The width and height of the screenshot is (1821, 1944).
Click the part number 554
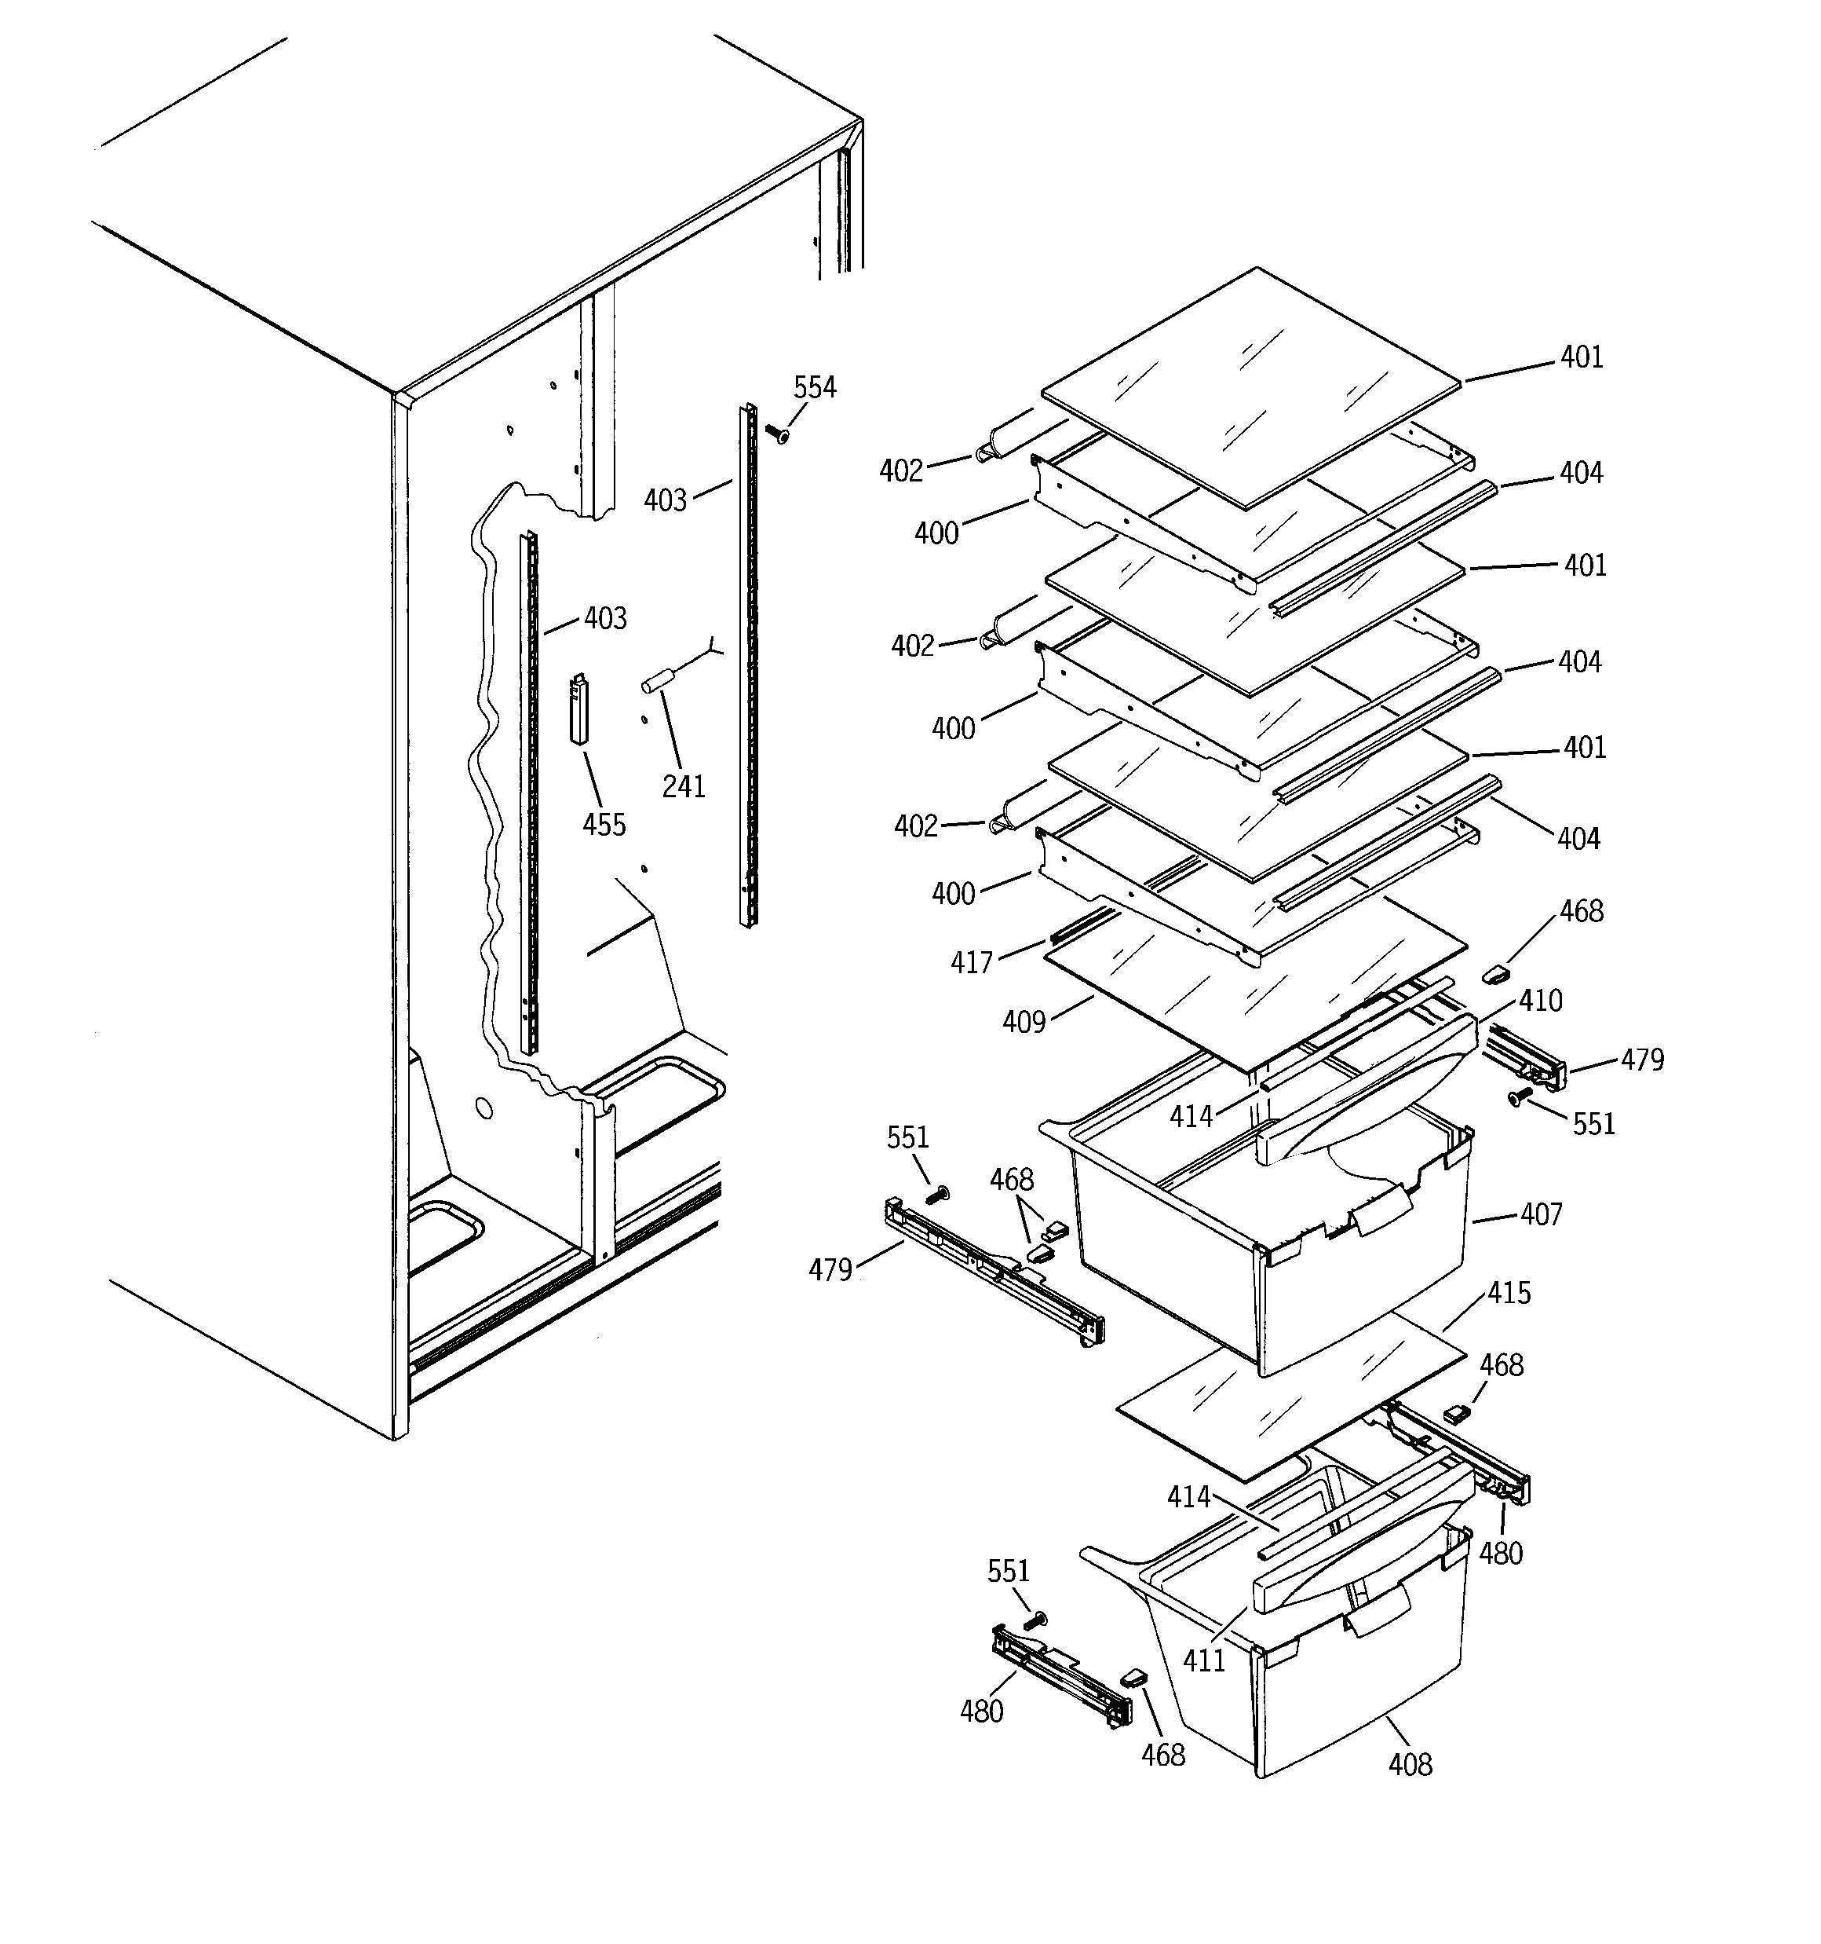pos(814,388)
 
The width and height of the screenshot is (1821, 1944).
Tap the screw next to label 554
pos(777,434)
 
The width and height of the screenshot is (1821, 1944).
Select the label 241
pos(683,786)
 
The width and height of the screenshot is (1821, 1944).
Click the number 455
pos(604,825)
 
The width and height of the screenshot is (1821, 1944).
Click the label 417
pos(972,963)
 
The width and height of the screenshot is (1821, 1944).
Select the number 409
pos(1024,1023)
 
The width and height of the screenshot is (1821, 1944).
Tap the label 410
pos(1541,1001)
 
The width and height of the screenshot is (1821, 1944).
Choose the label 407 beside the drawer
pos(1542,1214)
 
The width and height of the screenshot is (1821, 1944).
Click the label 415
pos(1509,1294)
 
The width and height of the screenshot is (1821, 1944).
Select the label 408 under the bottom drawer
pos(1410,1765)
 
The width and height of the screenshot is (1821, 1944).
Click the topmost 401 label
pos(1582,358)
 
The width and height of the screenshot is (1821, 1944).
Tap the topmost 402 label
pos(900,471)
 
